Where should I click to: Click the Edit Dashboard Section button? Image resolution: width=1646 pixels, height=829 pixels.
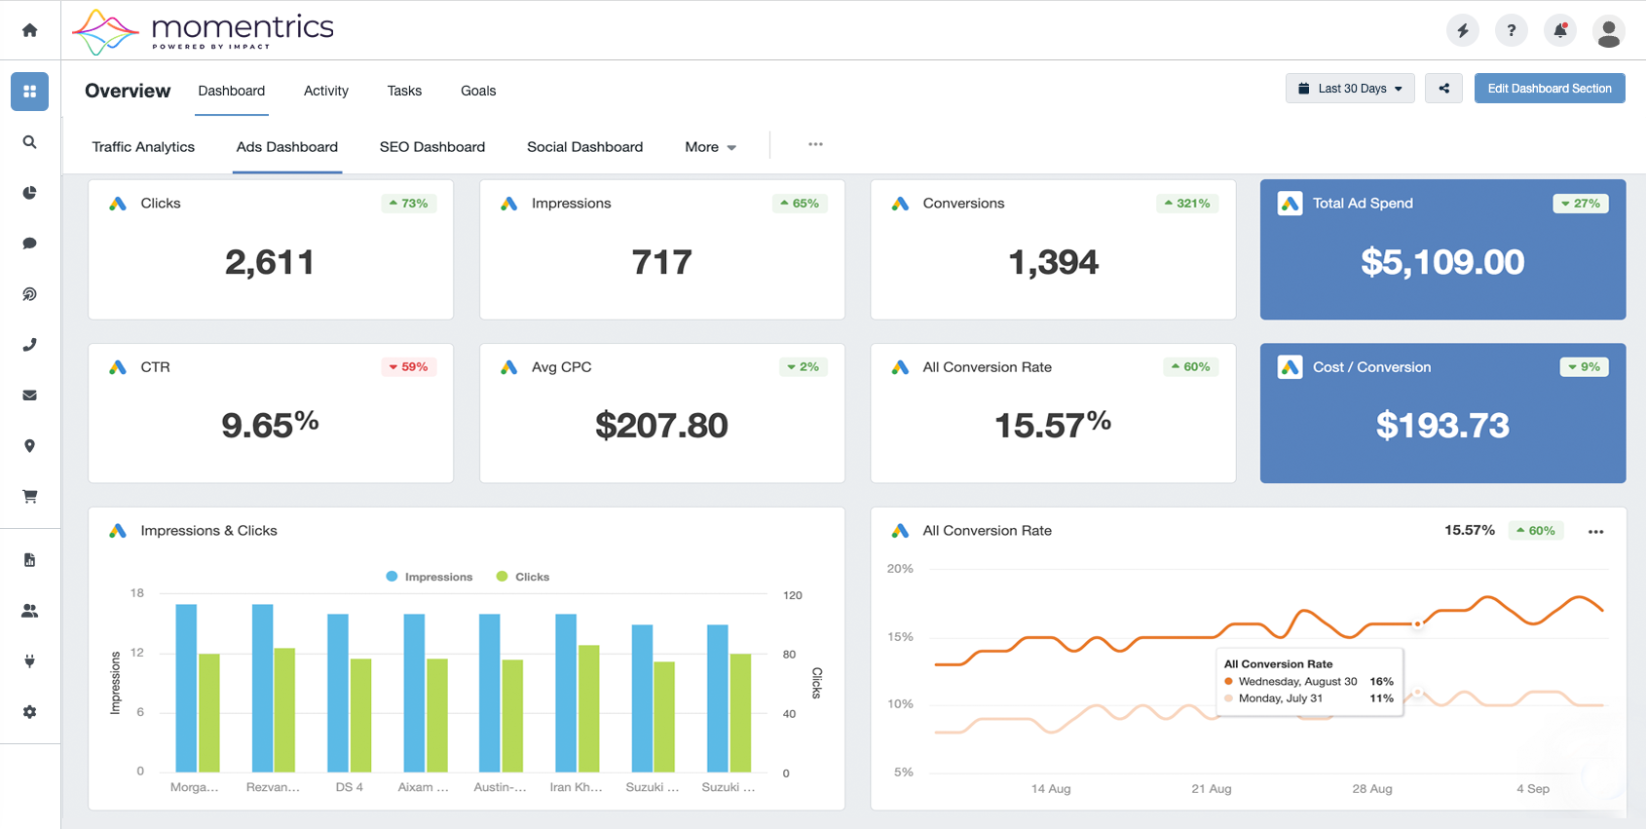coord(1549,89)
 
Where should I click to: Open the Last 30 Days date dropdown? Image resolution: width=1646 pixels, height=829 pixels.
coord(1350,89)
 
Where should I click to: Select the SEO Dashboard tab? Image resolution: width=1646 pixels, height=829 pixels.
coord(432,147)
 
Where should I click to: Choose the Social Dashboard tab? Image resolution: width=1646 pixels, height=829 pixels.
coord(585,147)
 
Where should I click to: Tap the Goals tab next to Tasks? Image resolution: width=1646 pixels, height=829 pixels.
coord(478,91)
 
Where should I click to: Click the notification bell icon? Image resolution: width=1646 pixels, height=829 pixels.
coord(1560,30)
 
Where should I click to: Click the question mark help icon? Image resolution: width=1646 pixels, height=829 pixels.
coord(1512,30)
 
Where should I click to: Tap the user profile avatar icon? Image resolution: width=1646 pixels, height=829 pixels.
coord(1609,31)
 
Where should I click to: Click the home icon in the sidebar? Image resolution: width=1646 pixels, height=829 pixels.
coord(29,29)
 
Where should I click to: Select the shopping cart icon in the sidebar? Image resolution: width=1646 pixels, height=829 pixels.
coord(29,497)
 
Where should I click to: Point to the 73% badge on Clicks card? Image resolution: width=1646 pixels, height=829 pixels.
coord(408,204)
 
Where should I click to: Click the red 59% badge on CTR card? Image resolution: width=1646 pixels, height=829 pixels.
coord(408,366)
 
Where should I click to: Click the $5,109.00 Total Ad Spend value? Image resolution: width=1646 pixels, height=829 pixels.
coord(1442,262)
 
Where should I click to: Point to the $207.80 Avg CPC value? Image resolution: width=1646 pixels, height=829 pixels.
coord(661,426)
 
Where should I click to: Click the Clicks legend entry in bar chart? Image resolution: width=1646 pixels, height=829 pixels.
coord(523,577)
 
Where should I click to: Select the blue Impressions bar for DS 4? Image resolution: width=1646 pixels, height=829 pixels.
coord(338,693)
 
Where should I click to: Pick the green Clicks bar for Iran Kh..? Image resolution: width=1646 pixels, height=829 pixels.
coord(588,708)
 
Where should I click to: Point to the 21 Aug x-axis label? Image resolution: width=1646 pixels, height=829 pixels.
coord(1211,789)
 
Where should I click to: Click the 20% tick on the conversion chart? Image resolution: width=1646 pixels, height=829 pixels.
coord(900,569)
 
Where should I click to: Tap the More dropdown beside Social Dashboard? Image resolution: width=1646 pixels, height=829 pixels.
coord(710,147)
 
